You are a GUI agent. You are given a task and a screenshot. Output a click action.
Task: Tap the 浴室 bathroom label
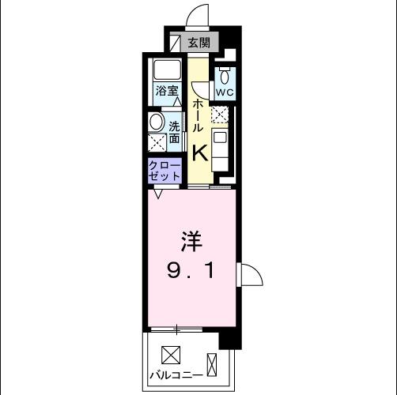(x=166, y=92)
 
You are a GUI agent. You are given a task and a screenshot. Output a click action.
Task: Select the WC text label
(x=225, y=92)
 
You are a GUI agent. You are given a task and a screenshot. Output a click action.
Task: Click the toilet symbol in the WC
(x=225, y=76)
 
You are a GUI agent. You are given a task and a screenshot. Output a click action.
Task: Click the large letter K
(x=198, y=151)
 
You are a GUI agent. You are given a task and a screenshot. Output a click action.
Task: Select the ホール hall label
(x=198, y=115)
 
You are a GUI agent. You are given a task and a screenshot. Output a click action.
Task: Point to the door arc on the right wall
(x=251, y=275)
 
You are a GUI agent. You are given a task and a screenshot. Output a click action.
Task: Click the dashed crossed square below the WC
(x=218, y=115)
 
